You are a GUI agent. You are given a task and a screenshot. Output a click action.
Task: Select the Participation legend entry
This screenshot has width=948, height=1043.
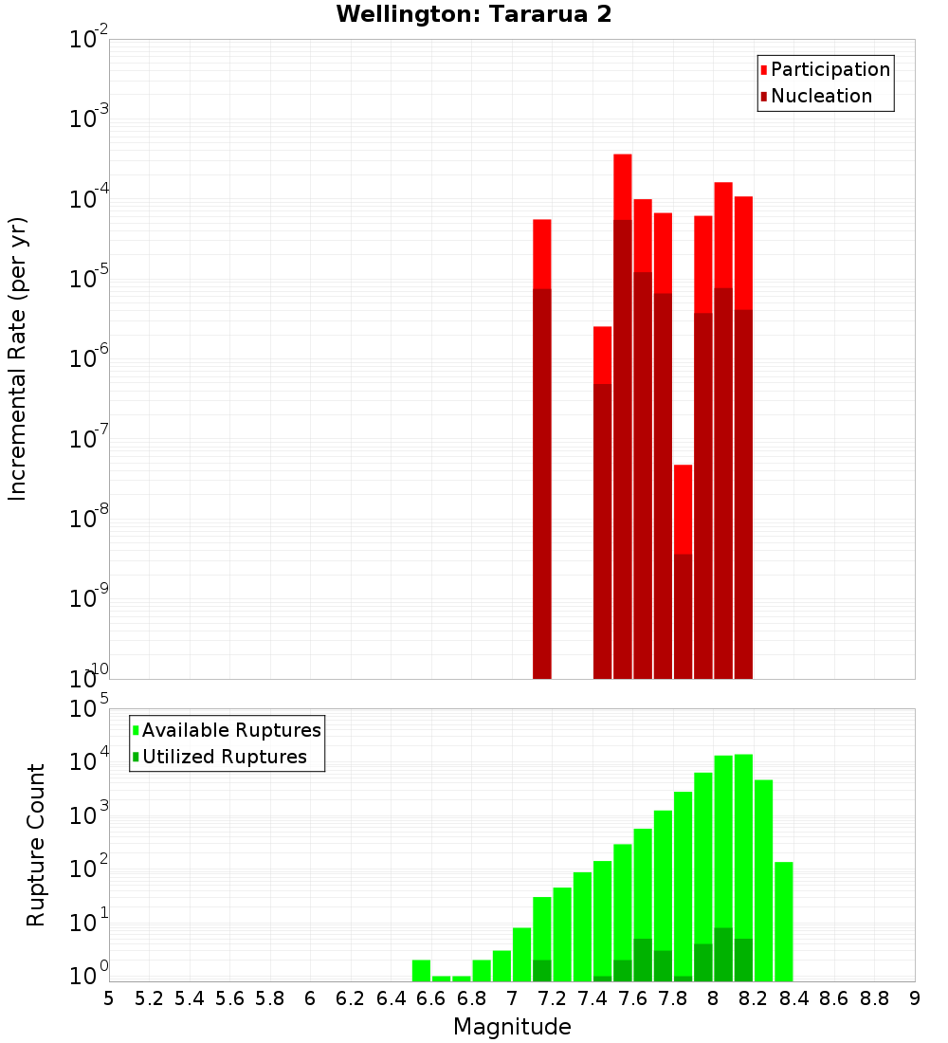tap(825, 69)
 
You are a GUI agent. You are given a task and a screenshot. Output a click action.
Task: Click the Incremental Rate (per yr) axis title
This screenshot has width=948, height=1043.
tap(17, 358)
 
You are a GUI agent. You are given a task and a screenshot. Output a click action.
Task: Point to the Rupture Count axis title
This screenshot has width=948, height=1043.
tap(36, 844)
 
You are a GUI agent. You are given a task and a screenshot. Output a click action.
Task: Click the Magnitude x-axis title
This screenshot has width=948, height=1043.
tap(512, 1027)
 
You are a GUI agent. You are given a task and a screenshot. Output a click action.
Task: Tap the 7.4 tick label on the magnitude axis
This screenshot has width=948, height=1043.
tap(592, 998)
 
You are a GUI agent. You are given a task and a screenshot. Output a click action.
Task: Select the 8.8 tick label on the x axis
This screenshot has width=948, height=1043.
tap(874, 998)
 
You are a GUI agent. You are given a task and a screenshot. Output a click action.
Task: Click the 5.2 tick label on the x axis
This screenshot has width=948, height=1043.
tap(150, 998)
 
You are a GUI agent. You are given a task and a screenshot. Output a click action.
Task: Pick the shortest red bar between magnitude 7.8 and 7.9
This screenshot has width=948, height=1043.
tap(683, 508)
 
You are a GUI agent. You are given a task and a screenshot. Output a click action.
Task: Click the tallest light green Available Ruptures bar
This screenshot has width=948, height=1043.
tap(743, 853)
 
